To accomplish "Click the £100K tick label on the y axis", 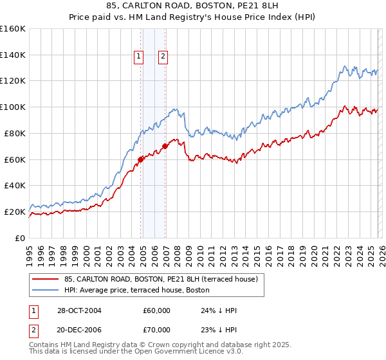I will (x=13, y=107).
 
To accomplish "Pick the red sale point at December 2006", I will (x=165, y=146).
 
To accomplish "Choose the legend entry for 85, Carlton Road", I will (x=161, y=279).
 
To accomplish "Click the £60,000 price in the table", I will (x=157, y=310).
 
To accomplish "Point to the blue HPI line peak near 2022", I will (x=345, y=66).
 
